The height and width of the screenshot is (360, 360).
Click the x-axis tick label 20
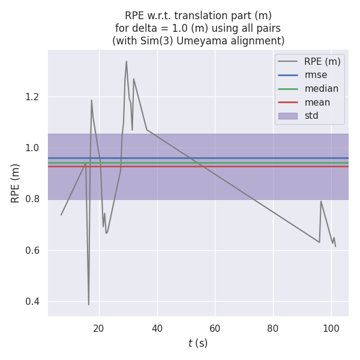tap(99, 329)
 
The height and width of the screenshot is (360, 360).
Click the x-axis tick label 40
tap(157, 329)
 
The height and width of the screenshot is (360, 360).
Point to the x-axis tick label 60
tap(215, 329)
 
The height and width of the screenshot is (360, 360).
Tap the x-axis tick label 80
tap(273, 329)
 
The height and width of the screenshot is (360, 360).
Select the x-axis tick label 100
tap(331, 329)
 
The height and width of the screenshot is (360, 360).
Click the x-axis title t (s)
tap(198, 343)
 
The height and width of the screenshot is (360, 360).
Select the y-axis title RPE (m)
tap(16, 183)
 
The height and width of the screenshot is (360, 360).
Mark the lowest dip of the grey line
tap(89, 305)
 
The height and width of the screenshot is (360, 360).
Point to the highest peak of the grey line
tap(126, 61)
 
